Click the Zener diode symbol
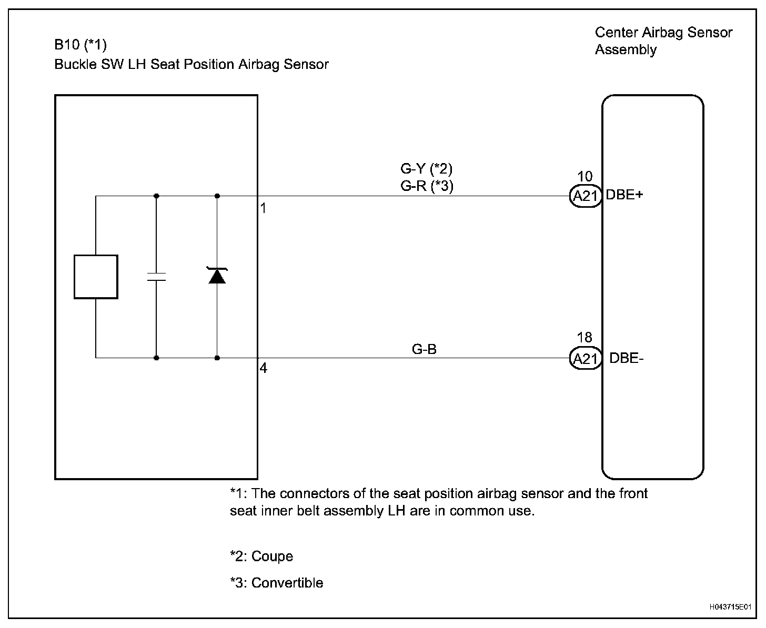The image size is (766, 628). [x=217, y=276]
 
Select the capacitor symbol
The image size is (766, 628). [x=156, y=277]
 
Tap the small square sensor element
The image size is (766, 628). [x=96, y=277]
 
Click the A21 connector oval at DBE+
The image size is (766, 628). [x=585, y=196]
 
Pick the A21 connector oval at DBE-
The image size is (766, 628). [x=585, y=359]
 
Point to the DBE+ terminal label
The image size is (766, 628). [x=625, y=195]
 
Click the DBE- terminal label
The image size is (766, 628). [x=627, y=358]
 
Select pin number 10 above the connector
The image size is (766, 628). [x=584, y=177]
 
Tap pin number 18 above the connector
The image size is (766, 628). [x=584, y=338]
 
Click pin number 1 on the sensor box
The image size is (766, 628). [x=263, y=208]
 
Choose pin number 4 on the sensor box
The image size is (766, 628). [x=263, y=369]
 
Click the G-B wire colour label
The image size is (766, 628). [x=424, y=349]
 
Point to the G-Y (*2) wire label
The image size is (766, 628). [x=426, y=169]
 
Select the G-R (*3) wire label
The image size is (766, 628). [x=426, y=186]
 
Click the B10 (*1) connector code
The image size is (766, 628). [x=80, y=44]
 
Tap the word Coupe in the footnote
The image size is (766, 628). [x=272, y=556]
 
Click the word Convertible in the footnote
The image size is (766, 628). [x=287, y=583]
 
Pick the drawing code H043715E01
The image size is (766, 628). [x=730, y=607]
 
